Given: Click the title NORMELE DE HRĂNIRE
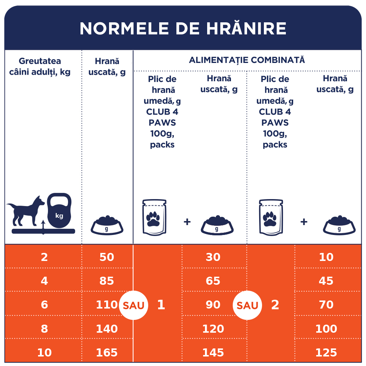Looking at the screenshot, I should (x=183, y=29).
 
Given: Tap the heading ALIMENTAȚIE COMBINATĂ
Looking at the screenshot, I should (x=247, y=60).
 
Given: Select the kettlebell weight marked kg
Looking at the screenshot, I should (x=59, y=212).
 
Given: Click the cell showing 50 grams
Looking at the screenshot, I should (x=107, y=257).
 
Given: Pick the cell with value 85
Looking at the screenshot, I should (x=107, y=281).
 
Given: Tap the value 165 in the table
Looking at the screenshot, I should (x=107, y=352).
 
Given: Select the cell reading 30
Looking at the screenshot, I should (x=213, y=257).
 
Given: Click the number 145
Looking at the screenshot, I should (x=213, y=352).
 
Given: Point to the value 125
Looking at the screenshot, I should (x=326, y=352).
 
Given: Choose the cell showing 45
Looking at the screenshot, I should (x=326, y=281).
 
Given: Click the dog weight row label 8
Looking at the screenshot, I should (x=44, y=329).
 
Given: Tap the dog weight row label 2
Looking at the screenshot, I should (x=44, y=257).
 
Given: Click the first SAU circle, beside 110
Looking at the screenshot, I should (x=134, y=305).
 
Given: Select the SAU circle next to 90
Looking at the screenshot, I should (x=247, y=305).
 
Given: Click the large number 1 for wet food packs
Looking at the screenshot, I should (x=161, y=305).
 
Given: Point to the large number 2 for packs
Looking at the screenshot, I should (x=275, y=305).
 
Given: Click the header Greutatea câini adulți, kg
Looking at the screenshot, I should (x=40, y=66).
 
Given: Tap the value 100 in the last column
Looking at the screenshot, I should (x=326, y=329).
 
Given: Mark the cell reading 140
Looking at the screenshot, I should (x=107, y=329).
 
